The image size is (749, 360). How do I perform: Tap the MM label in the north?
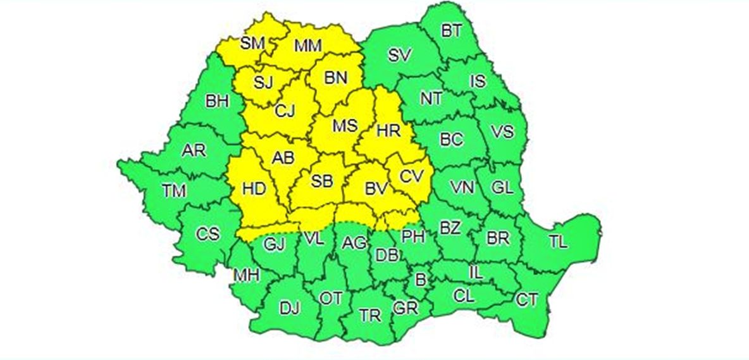click(309, 46)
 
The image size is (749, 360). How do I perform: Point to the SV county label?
click(399, 56)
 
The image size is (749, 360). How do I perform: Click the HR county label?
click(388, 132)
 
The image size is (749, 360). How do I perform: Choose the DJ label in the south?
click(289, 308)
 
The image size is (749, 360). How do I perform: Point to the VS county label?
click(502, 131)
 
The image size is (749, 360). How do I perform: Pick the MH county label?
click(244, 275)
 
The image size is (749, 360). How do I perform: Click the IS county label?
click(478, 80)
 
